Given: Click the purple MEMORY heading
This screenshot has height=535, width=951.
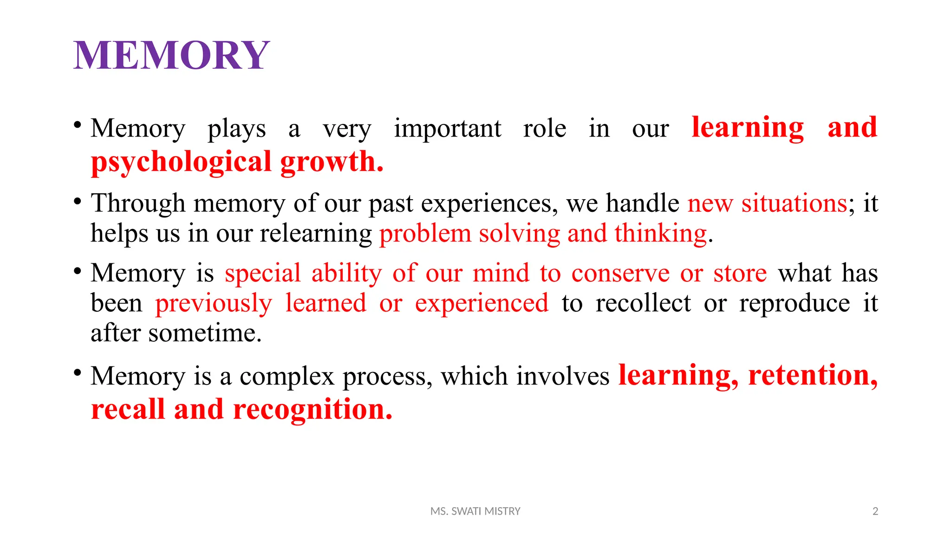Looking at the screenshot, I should (x=171, y=55).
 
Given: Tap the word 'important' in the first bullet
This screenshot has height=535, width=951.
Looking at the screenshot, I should (x=447, y=128).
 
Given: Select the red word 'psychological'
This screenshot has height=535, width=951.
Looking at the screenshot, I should (x=181, y=162).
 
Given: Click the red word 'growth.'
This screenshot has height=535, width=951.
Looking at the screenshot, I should (x=332, y=162).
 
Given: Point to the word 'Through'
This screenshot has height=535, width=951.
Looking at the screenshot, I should (x=138, y=203).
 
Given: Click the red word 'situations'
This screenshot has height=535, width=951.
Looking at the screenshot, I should (x=794, y=203).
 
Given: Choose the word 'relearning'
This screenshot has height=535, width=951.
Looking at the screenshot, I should (x=316, y=233).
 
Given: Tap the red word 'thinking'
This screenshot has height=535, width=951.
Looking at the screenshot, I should (x=660, y=233).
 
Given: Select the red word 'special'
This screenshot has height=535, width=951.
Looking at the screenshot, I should (x=263, y=273).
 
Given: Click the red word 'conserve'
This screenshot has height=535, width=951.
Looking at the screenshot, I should (x=620, y=273).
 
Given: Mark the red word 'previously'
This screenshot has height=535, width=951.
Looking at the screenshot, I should (x=213, y=303).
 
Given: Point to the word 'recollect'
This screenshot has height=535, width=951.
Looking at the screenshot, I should (x=643, y=303).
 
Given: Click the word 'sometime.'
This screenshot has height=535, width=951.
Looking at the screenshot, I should (x=205, y=333).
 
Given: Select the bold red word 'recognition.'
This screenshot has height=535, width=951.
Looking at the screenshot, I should (x=313, y=410).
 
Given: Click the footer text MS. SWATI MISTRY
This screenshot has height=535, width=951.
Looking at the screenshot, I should (x=475, y=511).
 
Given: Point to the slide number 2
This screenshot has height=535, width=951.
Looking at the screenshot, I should (x=875, y=511).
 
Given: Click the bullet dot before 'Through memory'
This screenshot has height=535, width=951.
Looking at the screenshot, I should (x=78, y=202).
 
